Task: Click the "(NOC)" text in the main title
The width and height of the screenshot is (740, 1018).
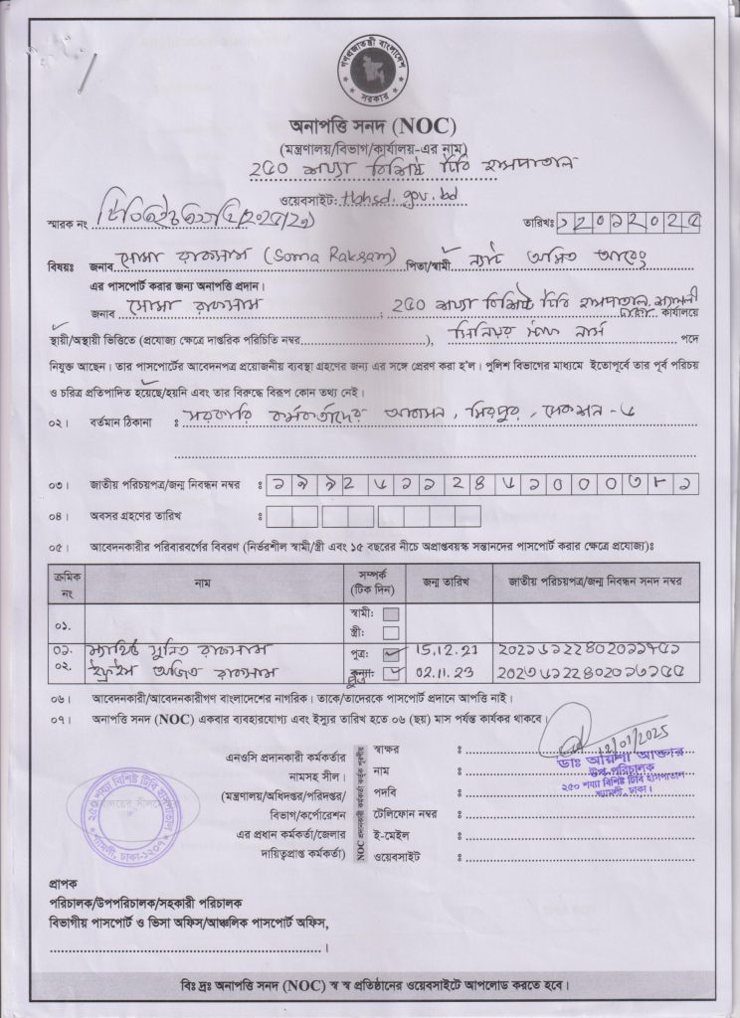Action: (x=425, y=126)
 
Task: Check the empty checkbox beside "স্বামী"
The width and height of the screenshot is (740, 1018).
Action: (x=391, y=613)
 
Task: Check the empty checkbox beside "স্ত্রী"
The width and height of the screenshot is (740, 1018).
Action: (x=391, y=632)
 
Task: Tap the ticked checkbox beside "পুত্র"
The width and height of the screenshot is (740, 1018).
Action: (x=391, y=655)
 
